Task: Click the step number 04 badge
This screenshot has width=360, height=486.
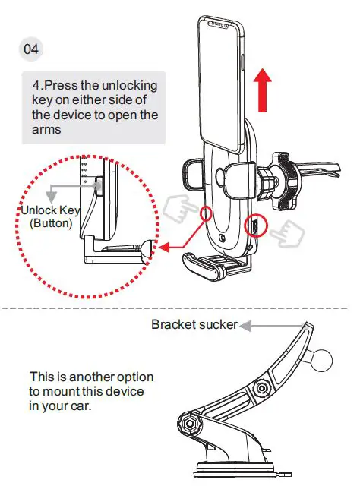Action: click(x=31, y=49)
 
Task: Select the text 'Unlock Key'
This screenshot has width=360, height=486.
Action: click(x=51, y=210)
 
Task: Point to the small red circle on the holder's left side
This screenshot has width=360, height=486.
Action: click(x=207, y=215)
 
